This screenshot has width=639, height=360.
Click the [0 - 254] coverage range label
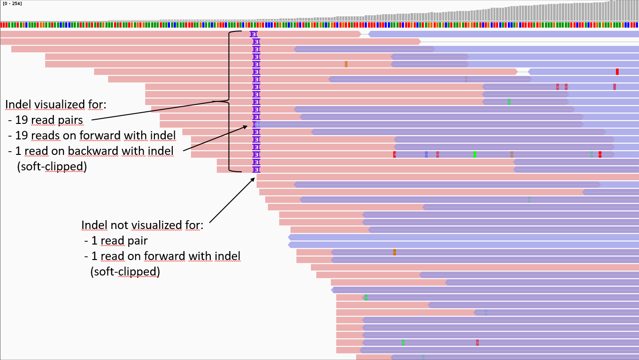pos(12,3)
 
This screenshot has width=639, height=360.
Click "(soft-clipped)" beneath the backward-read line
pos(51,167)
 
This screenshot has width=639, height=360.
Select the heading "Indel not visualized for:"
pos(142,225)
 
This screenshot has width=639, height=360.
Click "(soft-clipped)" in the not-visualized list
pos(125,272)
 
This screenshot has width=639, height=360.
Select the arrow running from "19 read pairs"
pos(155,110)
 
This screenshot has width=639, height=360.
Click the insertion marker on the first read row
pos(254,34)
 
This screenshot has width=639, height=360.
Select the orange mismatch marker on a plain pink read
pos(346,64)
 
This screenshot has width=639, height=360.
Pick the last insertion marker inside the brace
pos(256,169)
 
